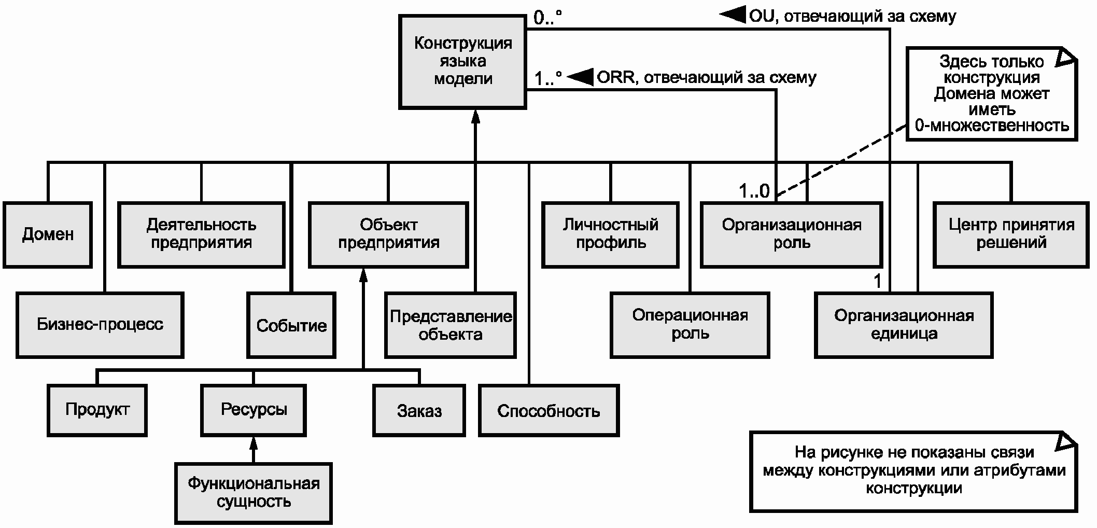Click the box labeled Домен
[x=48, y=234]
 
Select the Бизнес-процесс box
[x=100, y=325]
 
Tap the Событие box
[x=291, y=325]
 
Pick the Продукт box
[x=97, y=410]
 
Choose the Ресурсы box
[x=254, y=410]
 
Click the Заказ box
[x=419, y=411]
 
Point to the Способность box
[x=548, y=411]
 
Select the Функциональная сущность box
[x=254, y=493]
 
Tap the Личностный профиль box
[x=610, y=234]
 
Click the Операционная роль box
[x=690, y=325]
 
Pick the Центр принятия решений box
[x=1011, y=234]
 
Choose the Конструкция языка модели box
[x=462, y=62]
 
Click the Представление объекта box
[x=451, y=325]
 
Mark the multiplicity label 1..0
[x=754, y=191]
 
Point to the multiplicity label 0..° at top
[x=547, y=18]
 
